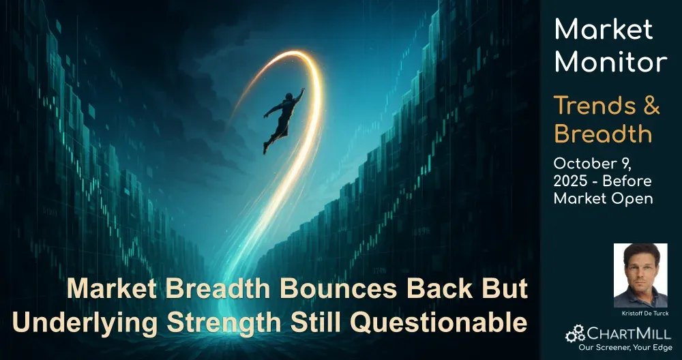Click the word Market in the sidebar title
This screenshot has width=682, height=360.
pyautogui.click(x=604, y=29)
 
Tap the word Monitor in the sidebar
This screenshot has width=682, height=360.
pyautogui.click(x=610, y=61)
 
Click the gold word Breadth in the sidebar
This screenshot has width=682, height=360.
pyautogui.click(x=604, y=134)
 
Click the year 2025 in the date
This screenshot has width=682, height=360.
pyautogui.click(x=569, y=181)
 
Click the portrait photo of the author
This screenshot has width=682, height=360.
pyautogui.click(x=640, y=275)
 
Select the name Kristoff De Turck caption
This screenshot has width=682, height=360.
pyautogui.click(x=640, y=314)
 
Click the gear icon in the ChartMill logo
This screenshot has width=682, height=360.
pyautogui.click(x=574, y=333)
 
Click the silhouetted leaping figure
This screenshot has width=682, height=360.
pyautogui.click(x=283, y=120)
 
